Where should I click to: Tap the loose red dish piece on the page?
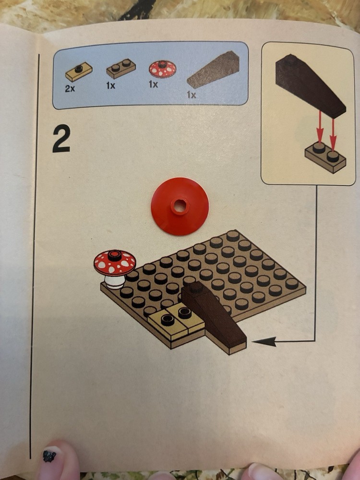180,206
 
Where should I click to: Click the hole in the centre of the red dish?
180,206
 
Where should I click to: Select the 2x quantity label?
70,89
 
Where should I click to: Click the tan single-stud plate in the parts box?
79,72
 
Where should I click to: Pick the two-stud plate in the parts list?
121,69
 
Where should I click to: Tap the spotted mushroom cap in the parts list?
163,69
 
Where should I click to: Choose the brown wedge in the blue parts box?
214,70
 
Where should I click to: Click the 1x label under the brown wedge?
192,95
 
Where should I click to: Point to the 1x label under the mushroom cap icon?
154,84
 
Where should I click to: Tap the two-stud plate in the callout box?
325,157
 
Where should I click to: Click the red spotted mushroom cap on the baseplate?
115,263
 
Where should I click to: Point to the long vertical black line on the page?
35,256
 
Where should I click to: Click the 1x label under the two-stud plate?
111,86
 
